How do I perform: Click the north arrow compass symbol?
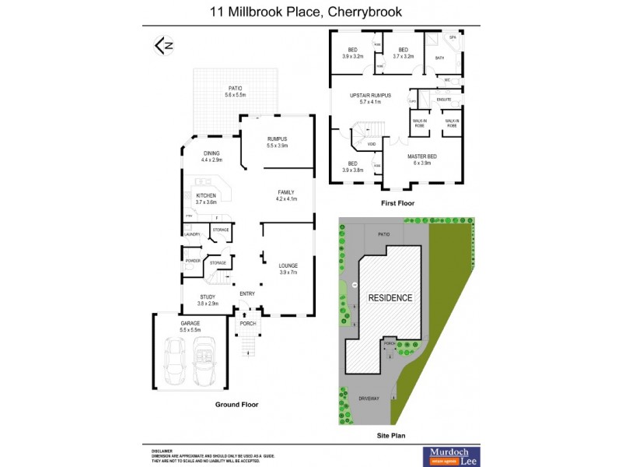pos(163,46)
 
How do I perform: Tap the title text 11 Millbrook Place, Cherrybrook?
pos(311,12)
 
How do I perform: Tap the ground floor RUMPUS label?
pos(278,142)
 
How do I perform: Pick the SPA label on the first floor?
pos(452,37)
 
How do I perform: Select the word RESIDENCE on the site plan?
pos(390,298)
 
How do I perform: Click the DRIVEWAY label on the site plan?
pos(370,398)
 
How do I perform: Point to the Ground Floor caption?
pos(236,405)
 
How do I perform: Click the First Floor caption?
pos(397,203)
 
